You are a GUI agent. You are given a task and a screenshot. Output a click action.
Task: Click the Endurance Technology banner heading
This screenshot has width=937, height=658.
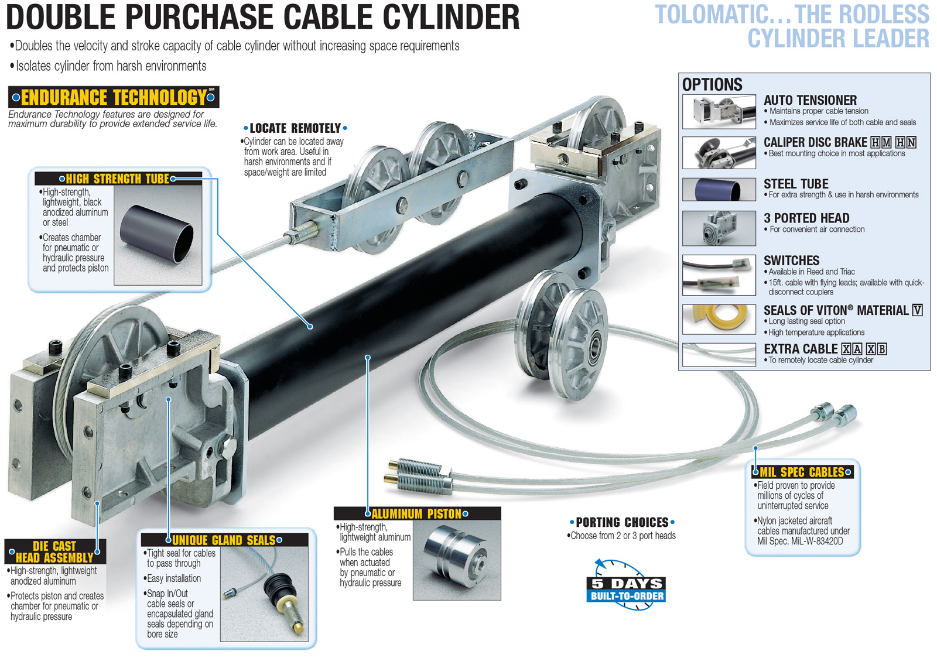(x=114, y=97)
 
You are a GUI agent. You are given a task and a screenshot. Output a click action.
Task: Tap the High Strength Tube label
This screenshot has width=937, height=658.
(x=117, y=179)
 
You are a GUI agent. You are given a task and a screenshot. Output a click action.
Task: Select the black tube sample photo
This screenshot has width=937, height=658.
(x=157, y=234)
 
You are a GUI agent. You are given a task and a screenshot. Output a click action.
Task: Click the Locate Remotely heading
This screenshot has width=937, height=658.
(x=295, y=128)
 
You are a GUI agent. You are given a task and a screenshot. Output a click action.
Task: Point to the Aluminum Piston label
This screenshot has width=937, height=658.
(x=417, y=513)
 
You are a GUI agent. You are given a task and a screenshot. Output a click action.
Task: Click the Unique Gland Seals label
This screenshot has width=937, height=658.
(x=224, y=540)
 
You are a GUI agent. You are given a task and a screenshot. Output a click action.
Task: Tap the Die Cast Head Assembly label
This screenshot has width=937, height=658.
(x=54, y=551)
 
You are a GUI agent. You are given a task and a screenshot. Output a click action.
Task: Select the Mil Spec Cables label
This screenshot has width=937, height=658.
(x=802, y=472)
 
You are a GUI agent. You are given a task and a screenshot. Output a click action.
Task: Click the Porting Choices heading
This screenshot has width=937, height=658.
(x=622, y=522)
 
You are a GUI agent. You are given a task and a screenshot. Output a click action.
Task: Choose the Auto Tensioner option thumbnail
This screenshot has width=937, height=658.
(x=719, y=111)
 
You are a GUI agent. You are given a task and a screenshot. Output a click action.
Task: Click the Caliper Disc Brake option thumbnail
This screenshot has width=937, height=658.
(x=719, y=152)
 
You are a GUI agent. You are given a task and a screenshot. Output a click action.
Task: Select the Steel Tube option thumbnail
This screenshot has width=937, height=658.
(x=719, y=190)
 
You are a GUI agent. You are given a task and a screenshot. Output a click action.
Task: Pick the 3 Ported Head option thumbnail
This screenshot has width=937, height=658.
(x=719, y=228)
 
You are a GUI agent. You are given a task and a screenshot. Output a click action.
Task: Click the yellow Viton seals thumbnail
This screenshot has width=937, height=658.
(x=719, y=319)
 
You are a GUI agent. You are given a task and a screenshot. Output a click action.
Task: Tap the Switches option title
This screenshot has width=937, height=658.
(x=791, y=261)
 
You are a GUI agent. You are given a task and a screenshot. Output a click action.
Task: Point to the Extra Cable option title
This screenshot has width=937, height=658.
(x=801, y=349)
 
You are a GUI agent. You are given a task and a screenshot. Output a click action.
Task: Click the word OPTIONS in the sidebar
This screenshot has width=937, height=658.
(x=712, y=84)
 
